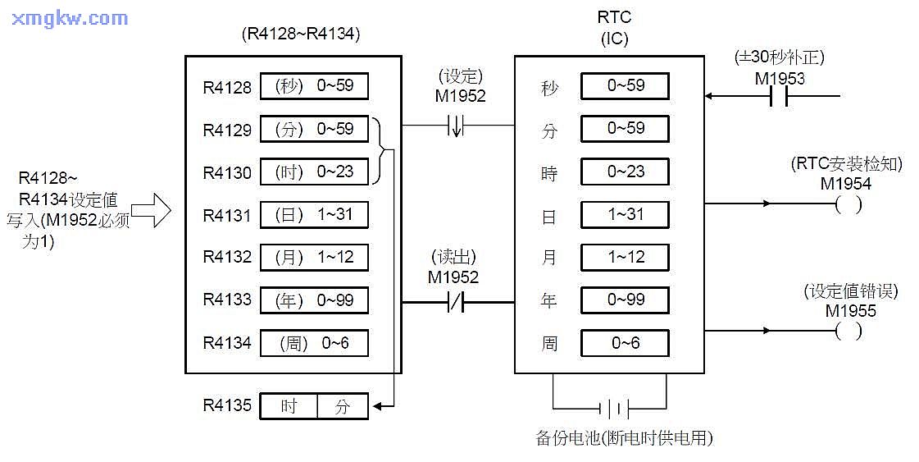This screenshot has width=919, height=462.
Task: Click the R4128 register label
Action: (x=227, y=87)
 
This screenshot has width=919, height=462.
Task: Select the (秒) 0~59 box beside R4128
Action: (x=314, y=86)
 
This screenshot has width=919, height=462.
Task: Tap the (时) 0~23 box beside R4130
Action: (x=314, y=172)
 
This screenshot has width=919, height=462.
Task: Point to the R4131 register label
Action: (x=227, y=215)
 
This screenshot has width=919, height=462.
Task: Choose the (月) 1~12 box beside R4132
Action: (x=314, y=258)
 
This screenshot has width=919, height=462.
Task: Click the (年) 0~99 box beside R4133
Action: (x=314, y=300)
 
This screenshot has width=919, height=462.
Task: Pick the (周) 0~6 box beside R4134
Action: (x=314, y=343)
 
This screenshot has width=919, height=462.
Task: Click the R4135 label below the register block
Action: (x=227, y=405)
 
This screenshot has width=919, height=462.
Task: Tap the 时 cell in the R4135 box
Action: (x=289, y=406)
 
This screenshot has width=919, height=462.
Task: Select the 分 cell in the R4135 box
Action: (x=343, y=406)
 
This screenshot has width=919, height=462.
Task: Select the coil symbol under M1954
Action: (x=848, y=204)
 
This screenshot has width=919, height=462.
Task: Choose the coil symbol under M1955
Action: (x=848, y=331)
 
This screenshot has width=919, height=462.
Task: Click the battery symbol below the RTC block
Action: (x=617, y=408)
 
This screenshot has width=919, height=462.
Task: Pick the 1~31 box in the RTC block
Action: (x=625, y=214)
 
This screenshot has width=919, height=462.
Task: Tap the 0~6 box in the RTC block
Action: (x=625, y=343)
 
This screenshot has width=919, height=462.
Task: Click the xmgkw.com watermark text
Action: (x=71, y=18)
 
